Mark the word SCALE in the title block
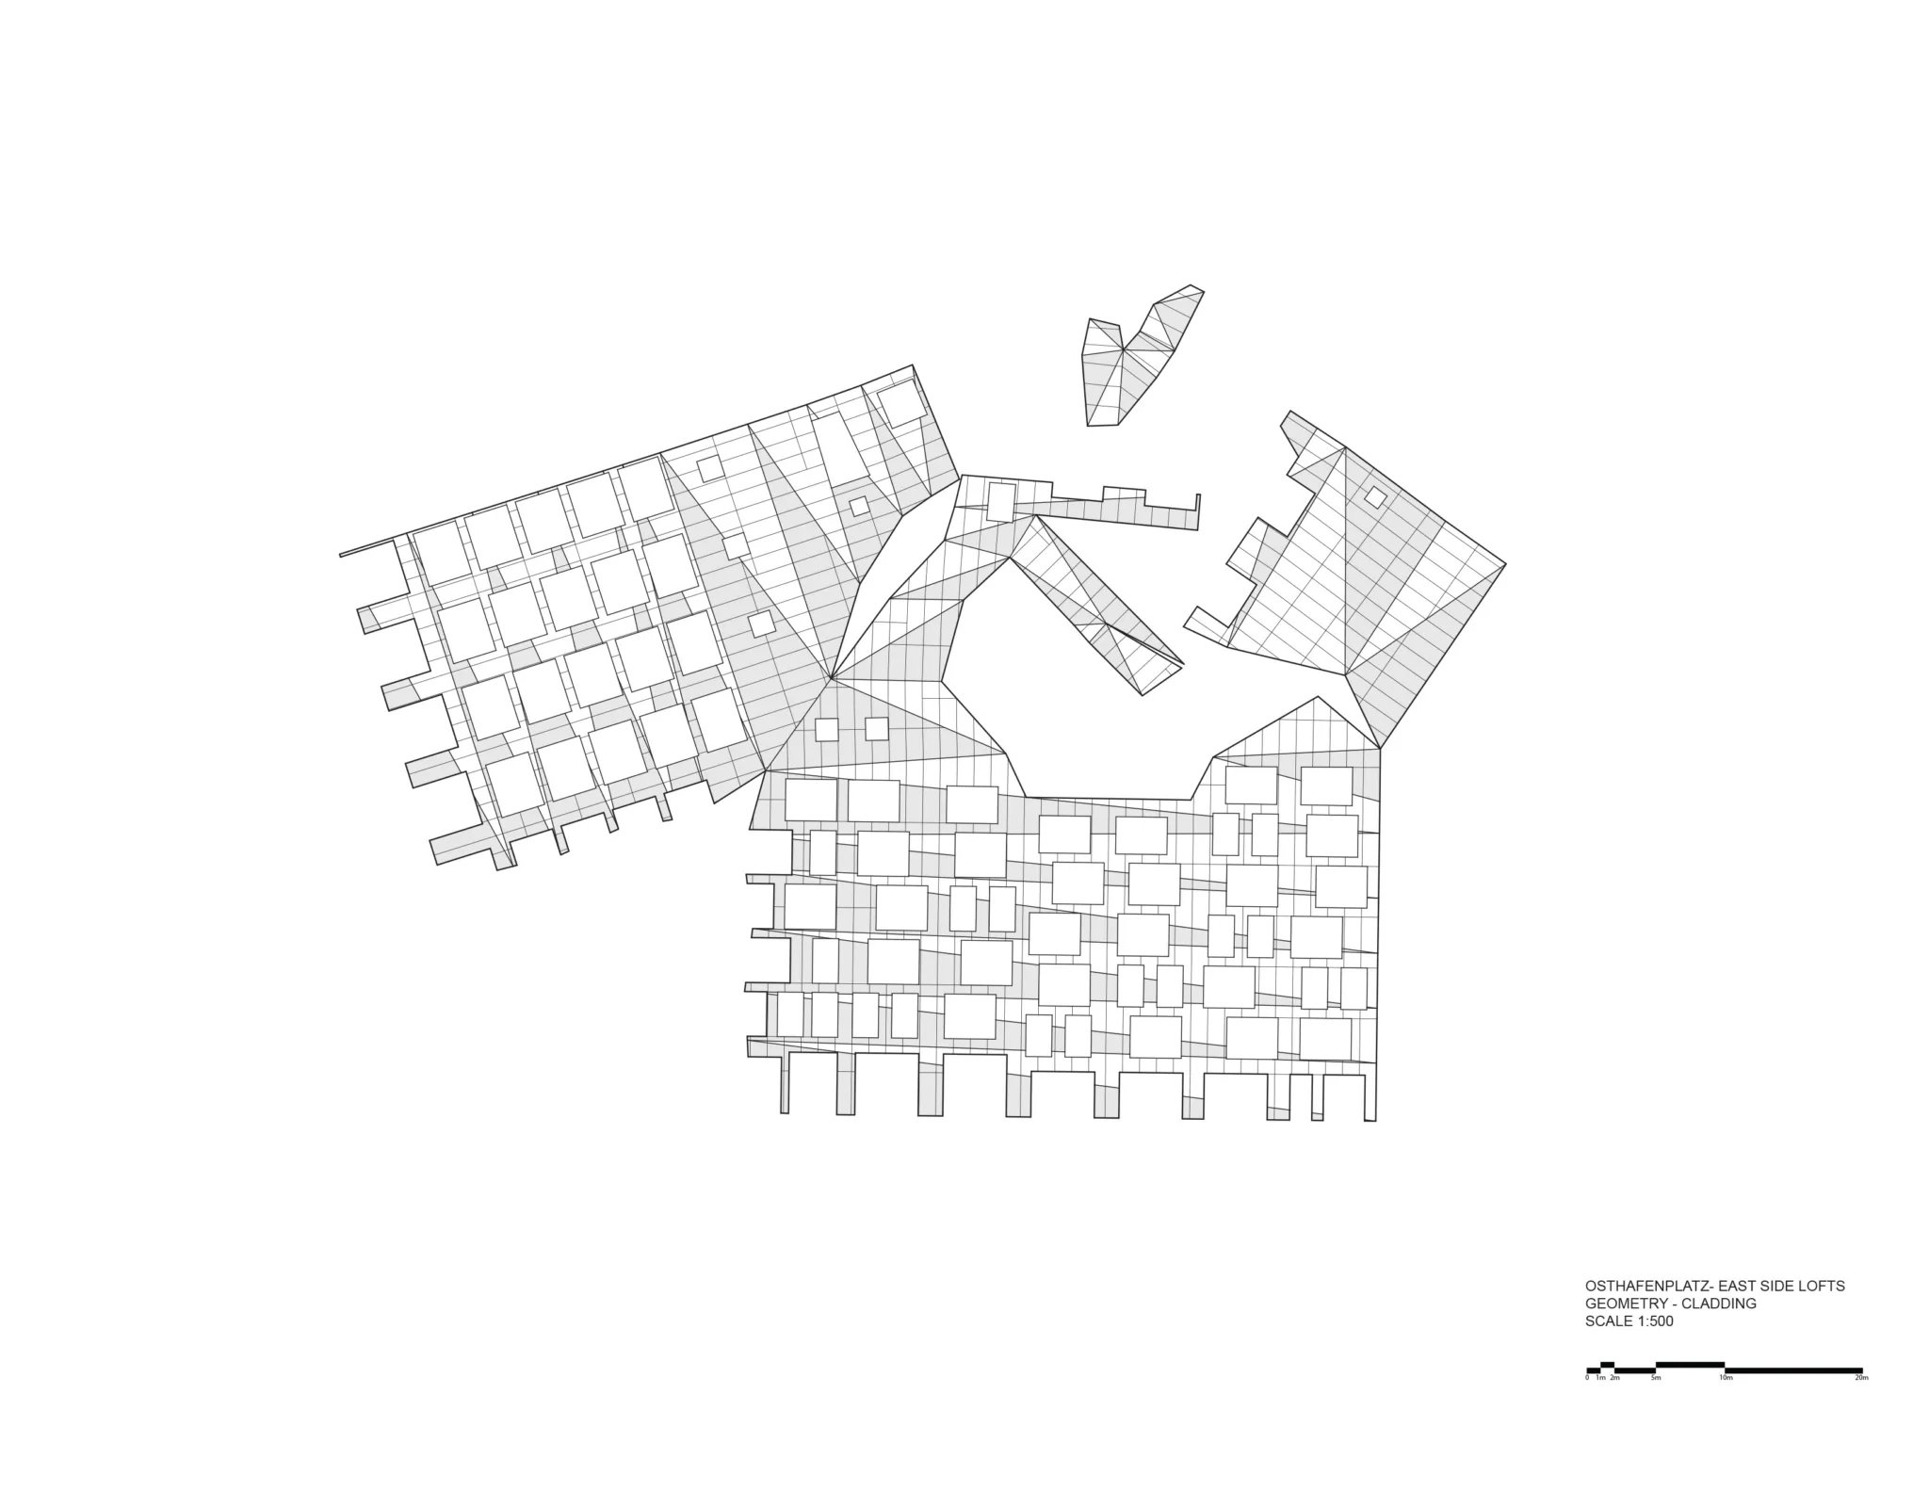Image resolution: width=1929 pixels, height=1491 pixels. point(1608,1321)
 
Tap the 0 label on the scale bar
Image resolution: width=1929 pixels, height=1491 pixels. point(1587,1378)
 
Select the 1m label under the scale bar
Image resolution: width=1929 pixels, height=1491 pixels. point(1600,1378)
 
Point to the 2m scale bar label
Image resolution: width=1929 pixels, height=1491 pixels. point(1614,1378)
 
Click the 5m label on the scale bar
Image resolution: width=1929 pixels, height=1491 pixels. point(1656,1378)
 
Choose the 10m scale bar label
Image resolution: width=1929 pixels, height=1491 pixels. point(1726,1378)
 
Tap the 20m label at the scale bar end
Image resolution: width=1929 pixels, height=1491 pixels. point(1861,1378)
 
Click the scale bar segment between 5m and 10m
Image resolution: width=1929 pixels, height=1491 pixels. point(1690,1364)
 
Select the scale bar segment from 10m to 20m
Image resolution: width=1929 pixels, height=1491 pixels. point(1793,1369)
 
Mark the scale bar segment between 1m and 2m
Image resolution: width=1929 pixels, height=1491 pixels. point(1608,1364)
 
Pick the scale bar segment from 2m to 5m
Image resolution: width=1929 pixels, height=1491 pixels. point(1635,1369)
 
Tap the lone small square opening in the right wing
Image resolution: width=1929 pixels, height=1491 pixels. point(1376,497)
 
